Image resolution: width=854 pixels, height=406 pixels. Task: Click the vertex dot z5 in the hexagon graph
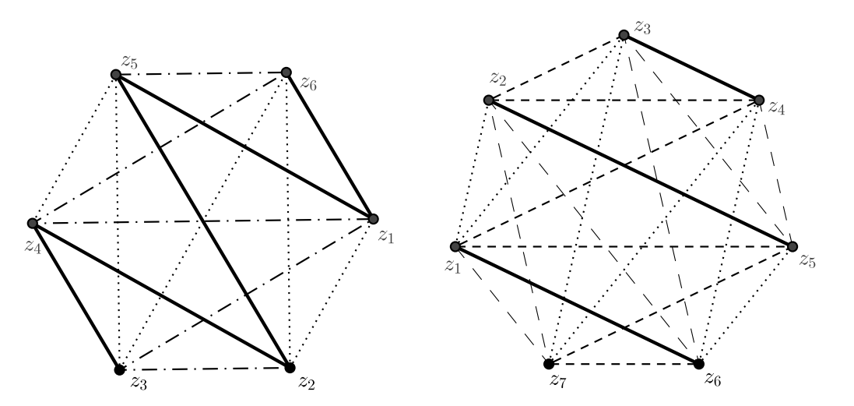pos(116,75)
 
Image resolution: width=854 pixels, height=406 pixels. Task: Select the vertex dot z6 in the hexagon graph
pos(286,73)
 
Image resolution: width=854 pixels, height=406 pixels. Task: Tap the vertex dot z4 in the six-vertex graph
pos(33,224)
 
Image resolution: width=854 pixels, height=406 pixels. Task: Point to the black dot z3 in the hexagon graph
pos(119,369)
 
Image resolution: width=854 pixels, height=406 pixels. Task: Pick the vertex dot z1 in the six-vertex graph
pos(372,218)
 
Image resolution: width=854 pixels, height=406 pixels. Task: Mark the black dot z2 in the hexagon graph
pos(290,367)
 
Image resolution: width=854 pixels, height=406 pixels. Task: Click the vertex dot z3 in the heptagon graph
pos(623,35)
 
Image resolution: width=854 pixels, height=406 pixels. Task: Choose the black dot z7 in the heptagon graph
pos(549,364)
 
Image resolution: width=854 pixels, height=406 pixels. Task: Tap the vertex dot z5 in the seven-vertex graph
pos(792,246)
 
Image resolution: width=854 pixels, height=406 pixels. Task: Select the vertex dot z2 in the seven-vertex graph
pos(488,101)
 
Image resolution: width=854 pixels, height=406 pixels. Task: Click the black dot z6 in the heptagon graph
pos(698,364)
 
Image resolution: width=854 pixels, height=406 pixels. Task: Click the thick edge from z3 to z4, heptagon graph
pos(691,68)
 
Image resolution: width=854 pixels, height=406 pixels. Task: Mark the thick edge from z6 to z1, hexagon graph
pos(329,146)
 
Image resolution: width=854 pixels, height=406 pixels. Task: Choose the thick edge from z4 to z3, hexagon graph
pos(76,296)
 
